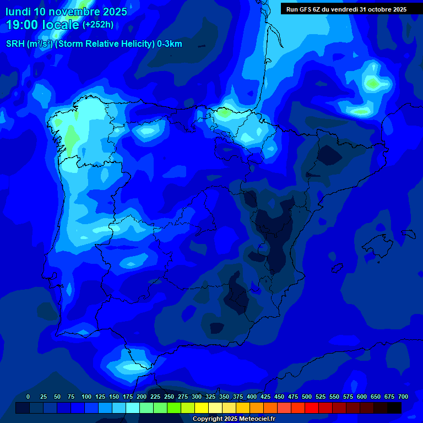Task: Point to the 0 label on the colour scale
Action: click(x=28, y=397)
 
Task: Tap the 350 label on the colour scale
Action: click(x=224, y=397)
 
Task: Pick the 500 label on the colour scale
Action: click(x=307, y=397)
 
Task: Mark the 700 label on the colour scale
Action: click(x=403, y=397)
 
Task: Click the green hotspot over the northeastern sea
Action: click(x=373, y=83)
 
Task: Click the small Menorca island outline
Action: click(x=408, y=233)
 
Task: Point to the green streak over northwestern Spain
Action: click(x=71, y=135)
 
